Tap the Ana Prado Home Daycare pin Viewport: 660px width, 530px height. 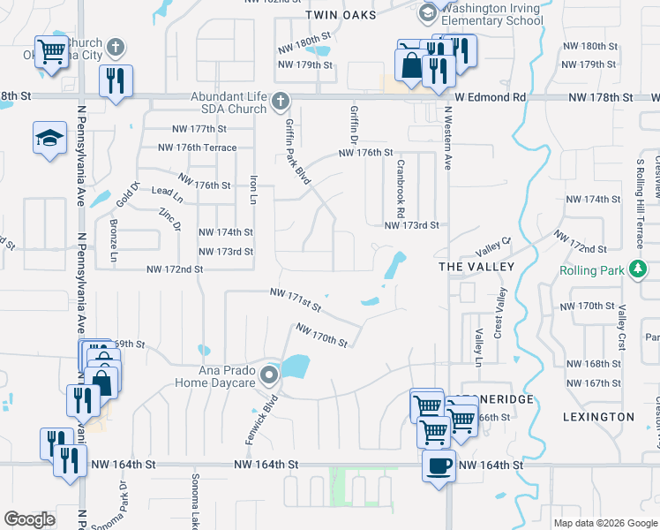[269, 377]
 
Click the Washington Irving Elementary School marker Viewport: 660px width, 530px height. [427, 12]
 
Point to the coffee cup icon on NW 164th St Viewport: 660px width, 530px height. [439, 466]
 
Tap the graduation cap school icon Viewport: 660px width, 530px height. [49, 138]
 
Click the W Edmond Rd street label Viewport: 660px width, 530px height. [491, 97]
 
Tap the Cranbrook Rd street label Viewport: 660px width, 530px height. [400, 188]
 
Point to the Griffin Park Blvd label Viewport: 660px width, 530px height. [296, 152]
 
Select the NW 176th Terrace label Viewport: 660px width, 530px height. [197, 148]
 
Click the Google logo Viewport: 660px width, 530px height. [30, 519]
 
